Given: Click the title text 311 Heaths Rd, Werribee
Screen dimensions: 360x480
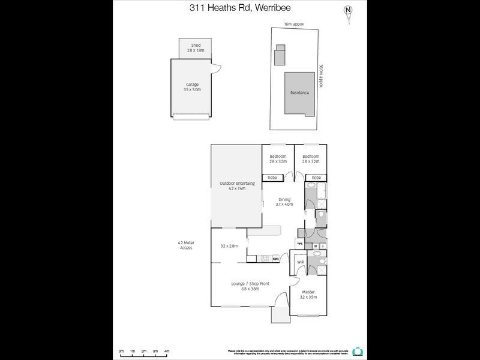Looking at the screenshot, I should click(239, 8).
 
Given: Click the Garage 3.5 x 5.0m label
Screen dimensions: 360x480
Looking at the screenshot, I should click(192, 87).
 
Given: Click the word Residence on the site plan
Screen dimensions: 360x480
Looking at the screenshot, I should click(299, 93).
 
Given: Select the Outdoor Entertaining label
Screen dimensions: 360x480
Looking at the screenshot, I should click(237, 185).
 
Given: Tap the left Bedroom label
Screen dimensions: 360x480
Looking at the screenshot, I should click(278, 159).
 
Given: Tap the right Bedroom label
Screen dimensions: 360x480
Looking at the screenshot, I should click(310, 159).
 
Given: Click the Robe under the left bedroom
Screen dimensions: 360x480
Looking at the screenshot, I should click(272, 178).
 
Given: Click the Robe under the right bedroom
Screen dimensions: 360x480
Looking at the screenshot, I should click(316, 178).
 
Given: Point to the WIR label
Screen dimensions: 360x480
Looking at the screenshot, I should click(300, 262).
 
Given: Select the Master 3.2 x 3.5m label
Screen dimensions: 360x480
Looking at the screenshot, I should click(308, 295).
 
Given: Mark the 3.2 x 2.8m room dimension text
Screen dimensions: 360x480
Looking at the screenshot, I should click(229, 246).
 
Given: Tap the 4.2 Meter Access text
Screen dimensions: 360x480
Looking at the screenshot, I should click(185, 245).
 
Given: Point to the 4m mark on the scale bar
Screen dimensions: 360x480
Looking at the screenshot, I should click(166, 351).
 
